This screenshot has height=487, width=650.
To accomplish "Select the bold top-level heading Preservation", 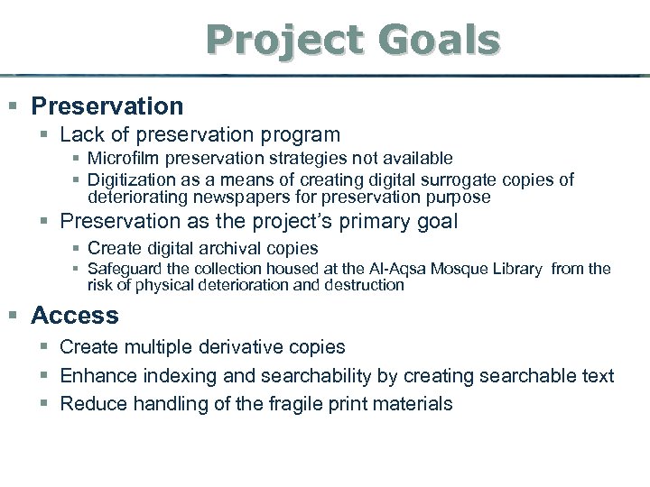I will (107, 106).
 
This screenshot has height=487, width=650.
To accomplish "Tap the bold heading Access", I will (75, 316).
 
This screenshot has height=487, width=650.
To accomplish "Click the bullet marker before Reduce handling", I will (45, 404).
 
